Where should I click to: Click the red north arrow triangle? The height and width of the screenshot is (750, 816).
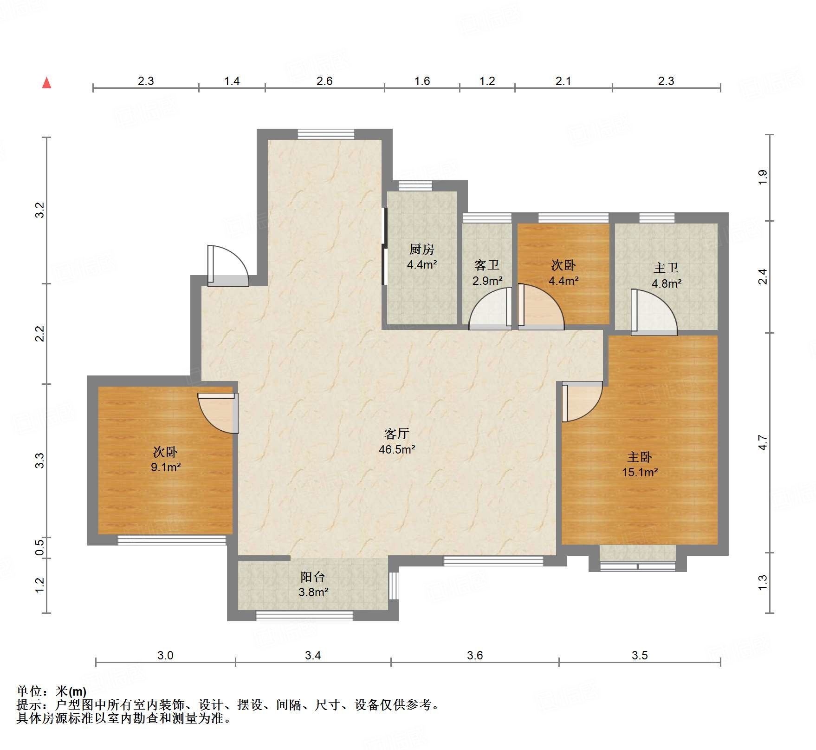point(46,83)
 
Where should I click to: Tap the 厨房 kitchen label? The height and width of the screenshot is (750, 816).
point(421,250)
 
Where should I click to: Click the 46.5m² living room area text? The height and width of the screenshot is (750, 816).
point(397,449)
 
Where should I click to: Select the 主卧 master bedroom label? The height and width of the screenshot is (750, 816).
point(640,457)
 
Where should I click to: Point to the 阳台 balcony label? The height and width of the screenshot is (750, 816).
point(312,577)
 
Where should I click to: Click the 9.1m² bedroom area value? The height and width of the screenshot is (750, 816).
point(166,467)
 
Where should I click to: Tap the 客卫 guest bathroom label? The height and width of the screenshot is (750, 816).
point(487,265)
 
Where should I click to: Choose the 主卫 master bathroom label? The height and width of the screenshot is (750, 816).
point(666,268)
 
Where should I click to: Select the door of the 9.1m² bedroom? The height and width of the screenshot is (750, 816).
point(218,414)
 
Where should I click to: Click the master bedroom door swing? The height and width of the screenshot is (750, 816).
point(582,401)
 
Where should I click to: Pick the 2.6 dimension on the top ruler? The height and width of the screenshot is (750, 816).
point(324,81)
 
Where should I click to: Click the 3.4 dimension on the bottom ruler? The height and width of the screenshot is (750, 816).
point(313,655)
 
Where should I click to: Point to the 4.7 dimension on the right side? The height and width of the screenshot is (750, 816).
point(763,442)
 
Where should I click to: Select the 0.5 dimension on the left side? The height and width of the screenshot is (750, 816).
point(40,546)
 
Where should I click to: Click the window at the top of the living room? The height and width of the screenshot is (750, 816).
point(326,134)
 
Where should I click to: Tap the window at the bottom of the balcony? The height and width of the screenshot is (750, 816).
point(304,616)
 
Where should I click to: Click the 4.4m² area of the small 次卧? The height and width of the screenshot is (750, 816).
point(563,281)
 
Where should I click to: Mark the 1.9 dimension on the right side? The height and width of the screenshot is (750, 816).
point(763,177)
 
